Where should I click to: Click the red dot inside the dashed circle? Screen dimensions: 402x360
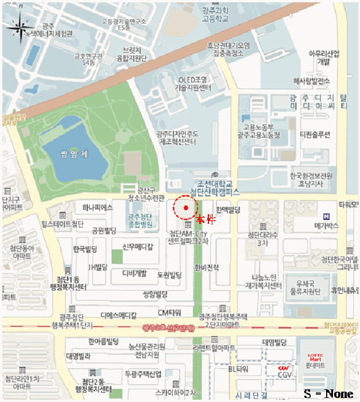186,207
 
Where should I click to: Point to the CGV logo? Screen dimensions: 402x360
282,368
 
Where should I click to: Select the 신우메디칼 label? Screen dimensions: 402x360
138,247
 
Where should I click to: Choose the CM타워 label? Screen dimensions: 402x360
169,312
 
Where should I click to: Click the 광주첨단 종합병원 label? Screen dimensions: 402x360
141,221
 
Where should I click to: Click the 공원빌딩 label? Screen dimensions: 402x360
104,231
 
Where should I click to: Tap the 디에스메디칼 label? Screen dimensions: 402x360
118,315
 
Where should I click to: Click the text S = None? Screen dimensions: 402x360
328,393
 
